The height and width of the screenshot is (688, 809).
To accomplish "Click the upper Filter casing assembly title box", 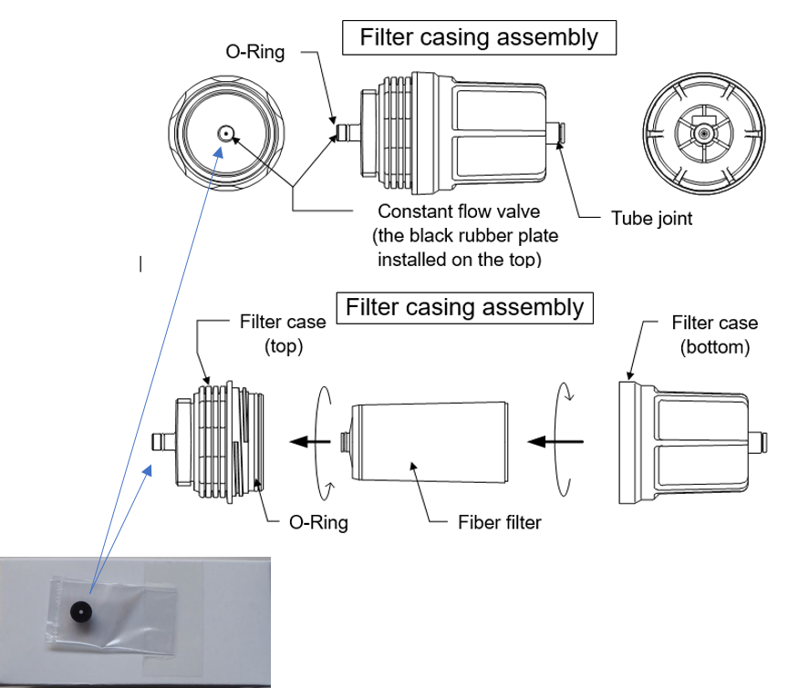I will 479,38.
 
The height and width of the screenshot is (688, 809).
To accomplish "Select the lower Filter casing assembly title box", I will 465,307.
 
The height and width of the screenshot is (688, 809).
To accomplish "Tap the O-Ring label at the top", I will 255,52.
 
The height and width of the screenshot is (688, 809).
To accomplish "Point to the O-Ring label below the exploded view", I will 318,522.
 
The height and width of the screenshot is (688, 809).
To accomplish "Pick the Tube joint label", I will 651,219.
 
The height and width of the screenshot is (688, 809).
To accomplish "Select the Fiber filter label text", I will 499,522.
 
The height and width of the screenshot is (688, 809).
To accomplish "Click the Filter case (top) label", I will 271,334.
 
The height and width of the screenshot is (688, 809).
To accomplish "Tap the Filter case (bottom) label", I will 714,334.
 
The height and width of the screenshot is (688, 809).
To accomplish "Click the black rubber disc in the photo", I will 84,611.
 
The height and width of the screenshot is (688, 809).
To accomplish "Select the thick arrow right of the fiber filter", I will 557,442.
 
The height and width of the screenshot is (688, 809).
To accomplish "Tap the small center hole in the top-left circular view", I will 223,134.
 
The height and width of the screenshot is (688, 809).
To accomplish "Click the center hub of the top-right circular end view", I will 701,134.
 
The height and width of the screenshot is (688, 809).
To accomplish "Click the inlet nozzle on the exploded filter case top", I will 161,442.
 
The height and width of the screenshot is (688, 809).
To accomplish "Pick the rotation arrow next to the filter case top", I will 321,440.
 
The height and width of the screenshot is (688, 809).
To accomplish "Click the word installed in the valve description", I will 410,260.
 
